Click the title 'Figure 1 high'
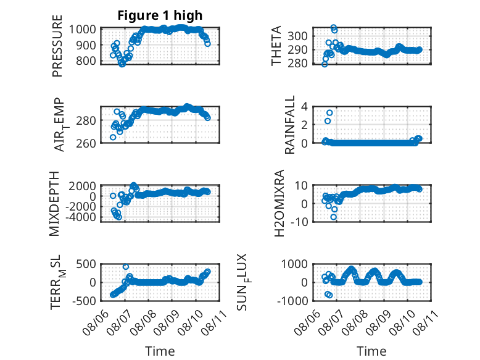coord(160,15)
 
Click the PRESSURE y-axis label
coord(57,46)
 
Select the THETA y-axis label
coord(276,46)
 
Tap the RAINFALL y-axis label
coord(289,124)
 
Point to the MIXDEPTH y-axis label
coord(54,203)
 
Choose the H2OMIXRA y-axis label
coord(279,203)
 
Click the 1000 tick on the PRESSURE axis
coord(82,30)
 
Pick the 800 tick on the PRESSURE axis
coord(86,61)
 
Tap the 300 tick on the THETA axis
coord(297,36)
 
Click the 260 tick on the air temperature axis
coord(86,143)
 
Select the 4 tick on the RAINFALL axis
coord(304,107)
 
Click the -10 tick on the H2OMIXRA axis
coord(299,222)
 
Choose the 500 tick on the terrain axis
coord(86,264)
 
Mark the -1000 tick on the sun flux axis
coord(292,301)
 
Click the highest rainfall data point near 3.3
coord(329,113)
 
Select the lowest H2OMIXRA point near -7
coord(333,217)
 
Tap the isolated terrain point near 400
coord(125,267)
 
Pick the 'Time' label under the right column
coord(371,351)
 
